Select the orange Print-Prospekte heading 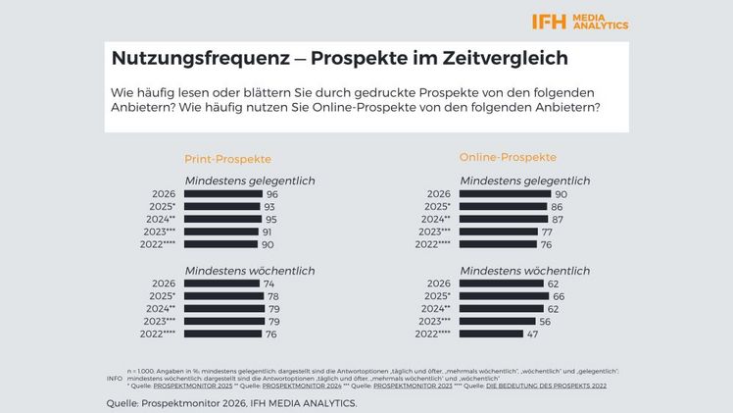227,158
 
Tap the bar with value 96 223,194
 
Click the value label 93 269,207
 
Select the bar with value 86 502,207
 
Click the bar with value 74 221,284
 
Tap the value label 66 559,296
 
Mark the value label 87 558,220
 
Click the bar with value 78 222,296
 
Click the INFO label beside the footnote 115,377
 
